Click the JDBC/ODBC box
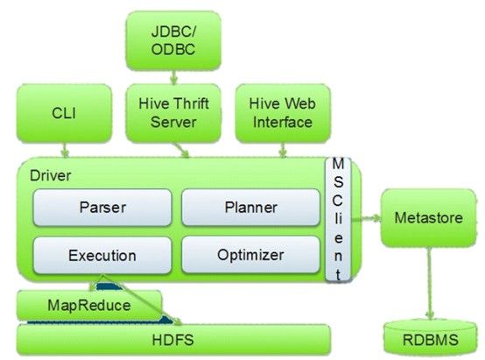click(x=173, y=41)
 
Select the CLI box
click(x=64, y=113)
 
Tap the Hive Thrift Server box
click(x=173, y=113)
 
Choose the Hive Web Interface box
click(x=283, y=113)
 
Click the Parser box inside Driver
click(x=102, y=208)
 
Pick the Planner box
click(x=251, y=208)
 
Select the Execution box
click(x=102, y=256)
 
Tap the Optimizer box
click(x=251, y=255)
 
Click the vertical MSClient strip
click(x=338, y=220)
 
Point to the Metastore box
click(x=429, y=218)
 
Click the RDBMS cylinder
click(x=430, y=337)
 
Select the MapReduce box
click(x=89, y=306)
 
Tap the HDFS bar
click(x=173, y=340)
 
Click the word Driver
click(x=51, y=176)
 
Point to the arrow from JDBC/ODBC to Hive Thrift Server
click(x=174, y=77)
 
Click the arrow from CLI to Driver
click(x=65, y=150)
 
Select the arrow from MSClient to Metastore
click(x=366, y=218)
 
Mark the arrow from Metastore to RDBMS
click(x=429, y=283)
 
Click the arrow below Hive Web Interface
click(x=283, y=150)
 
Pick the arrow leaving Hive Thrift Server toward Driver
click(x=181, y=150)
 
